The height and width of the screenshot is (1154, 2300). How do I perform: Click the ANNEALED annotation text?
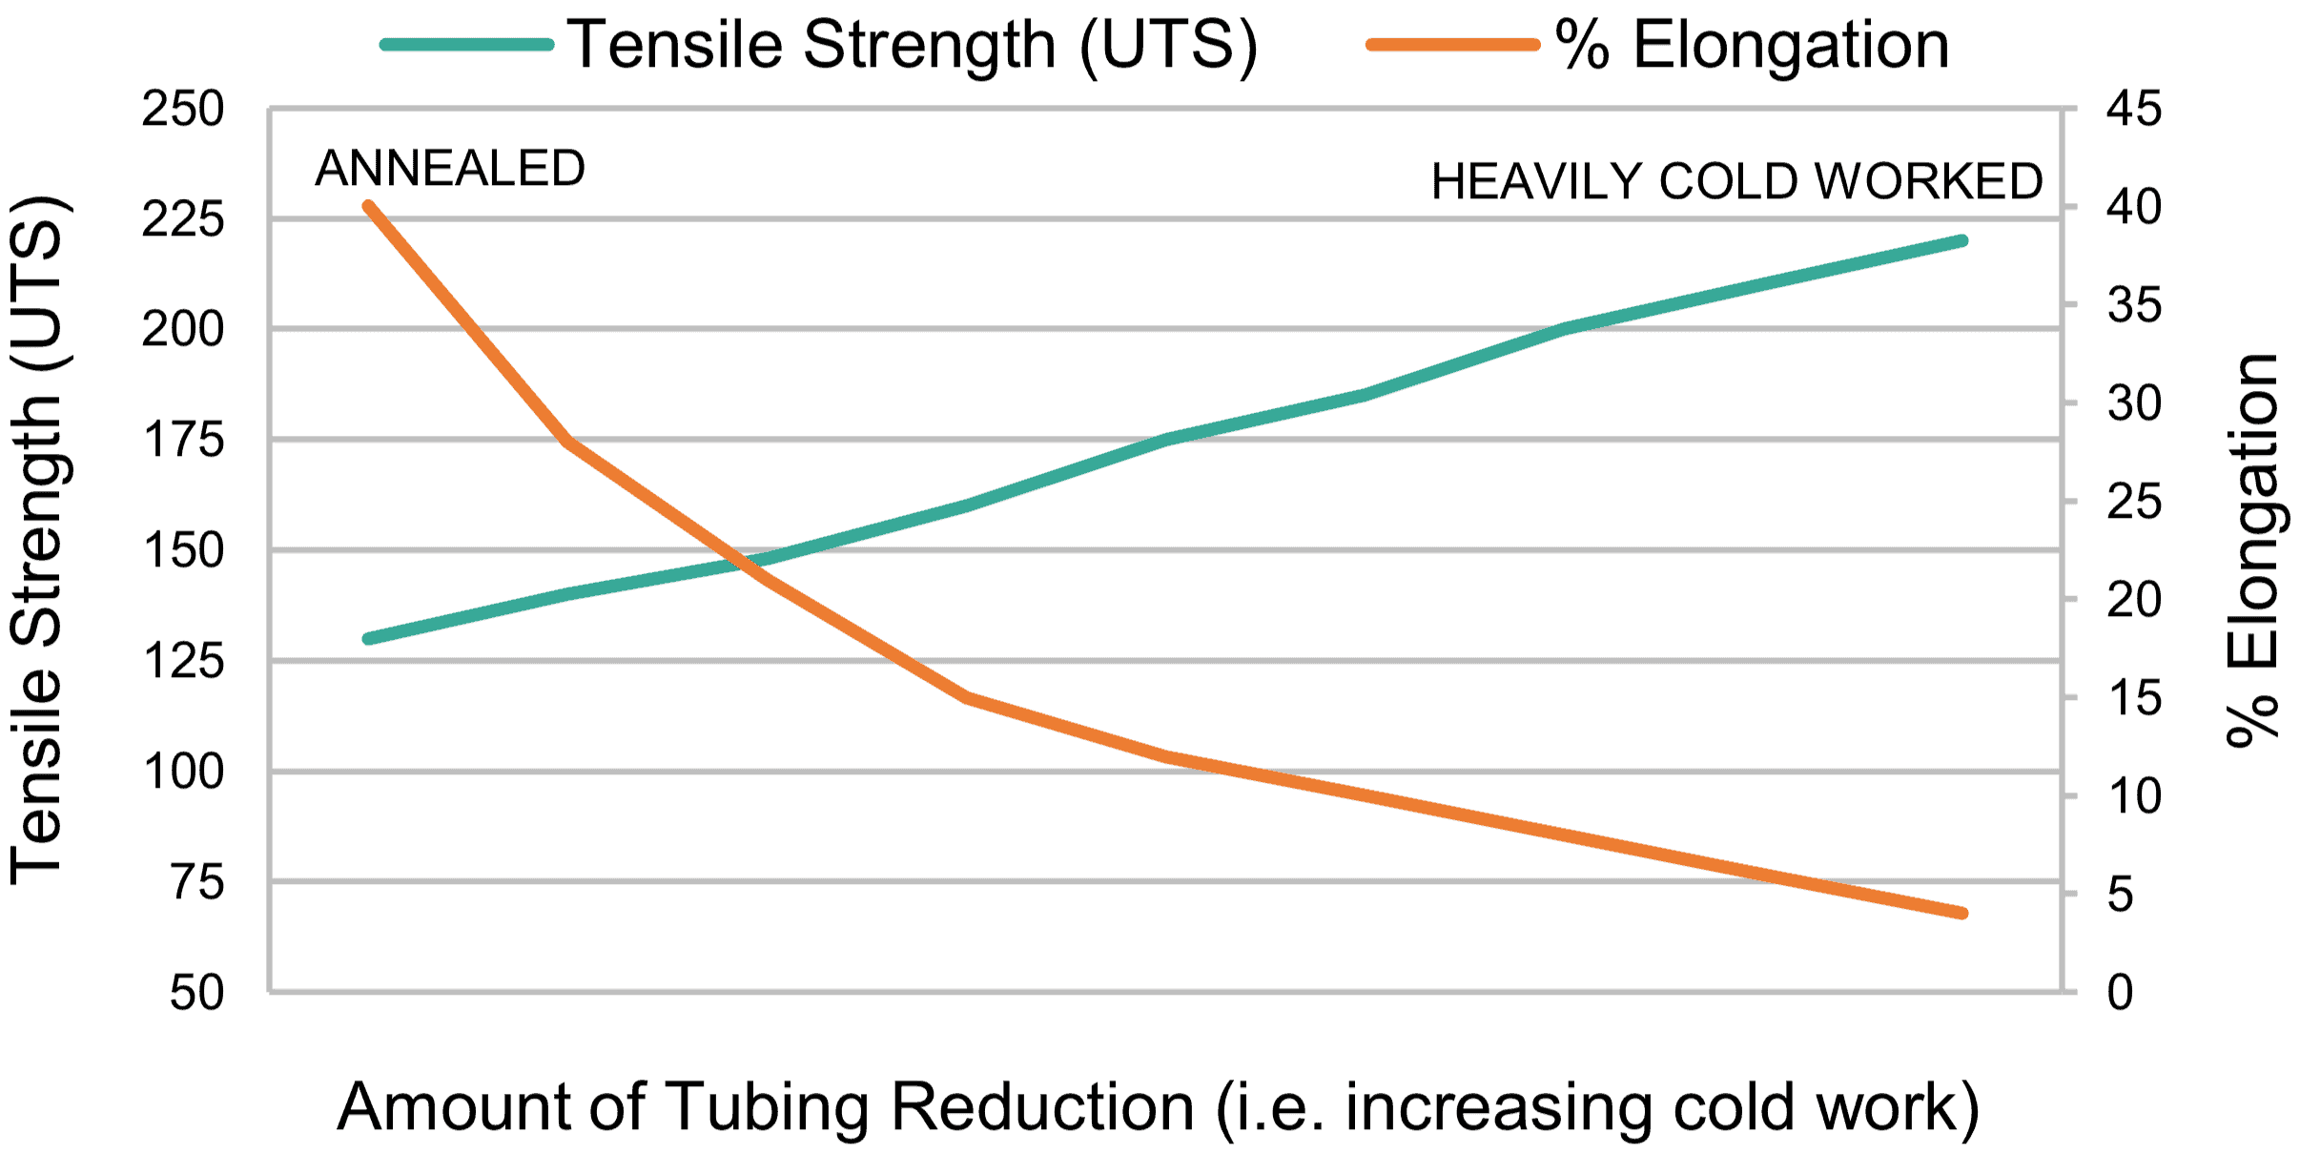coord(449,169)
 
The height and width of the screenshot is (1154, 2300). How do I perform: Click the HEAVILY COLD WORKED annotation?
coord(1736,181)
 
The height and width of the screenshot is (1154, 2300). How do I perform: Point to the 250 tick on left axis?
coord(183,109)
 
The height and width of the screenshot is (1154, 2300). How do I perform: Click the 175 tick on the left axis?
coord(183,440)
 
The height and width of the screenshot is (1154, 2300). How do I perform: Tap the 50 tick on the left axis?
coord(197,993)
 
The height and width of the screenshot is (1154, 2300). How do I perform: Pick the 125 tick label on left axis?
coord(183,660)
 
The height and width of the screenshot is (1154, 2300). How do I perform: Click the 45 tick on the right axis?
coord(2134,109)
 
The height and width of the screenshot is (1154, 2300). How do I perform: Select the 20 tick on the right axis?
coord(2134,600)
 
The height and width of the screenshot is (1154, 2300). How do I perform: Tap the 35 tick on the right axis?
coord(2134,305)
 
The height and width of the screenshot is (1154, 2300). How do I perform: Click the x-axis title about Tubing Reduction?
coord(1158,1107)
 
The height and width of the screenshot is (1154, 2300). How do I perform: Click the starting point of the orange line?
coord(369,206)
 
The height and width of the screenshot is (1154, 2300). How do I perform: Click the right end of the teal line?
coord(1962,241)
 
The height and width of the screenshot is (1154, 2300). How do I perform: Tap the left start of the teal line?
coord(369,639)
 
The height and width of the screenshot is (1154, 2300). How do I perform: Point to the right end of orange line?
coord(1962,913)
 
